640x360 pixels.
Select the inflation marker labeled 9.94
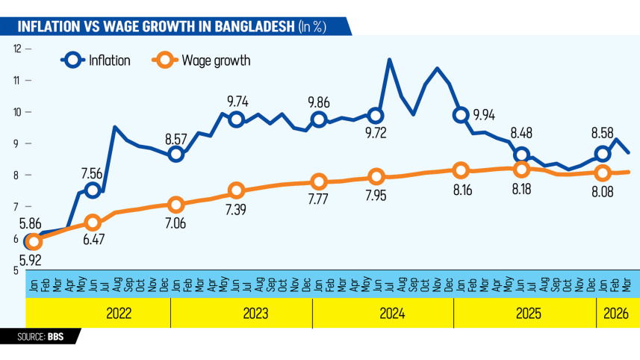[x=461, y=115]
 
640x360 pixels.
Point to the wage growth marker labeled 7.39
[x=236, y=190]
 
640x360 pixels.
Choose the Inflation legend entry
[x=97, y=60]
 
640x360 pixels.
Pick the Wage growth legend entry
[x=202, y=60]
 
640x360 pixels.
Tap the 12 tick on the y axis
[x=16, y=49]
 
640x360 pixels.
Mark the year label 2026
[x=617, y=313]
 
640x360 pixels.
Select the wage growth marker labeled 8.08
[x=603, y=173]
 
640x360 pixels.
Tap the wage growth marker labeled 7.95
[x=376, y=177]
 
